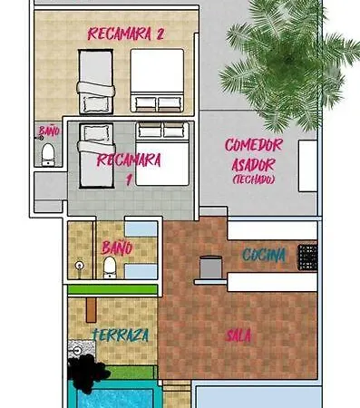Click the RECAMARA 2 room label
click(x=125, y=34)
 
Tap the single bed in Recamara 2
click(x=96, y=82)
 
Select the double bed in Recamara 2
click(x=157, y=81)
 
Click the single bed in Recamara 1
click(x=96, y=155)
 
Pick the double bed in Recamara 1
click(x=162, y=153)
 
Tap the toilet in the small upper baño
click(x=48, y=154)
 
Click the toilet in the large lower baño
click(x=110, y=267)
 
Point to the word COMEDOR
click(x=254, y=145)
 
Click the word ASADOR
click(x=253, y=165)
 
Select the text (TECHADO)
click(x=254, y=180)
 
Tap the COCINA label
click(x=264, y=256)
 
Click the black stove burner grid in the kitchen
click(x=307, y=257)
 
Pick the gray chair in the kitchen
click(x=210, y=267)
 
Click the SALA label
click(x=238, y=335)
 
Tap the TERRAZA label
click(x=121, y=335)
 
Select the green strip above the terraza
click(x=112, y=289)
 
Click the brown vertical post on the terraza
click(x=92, y=309)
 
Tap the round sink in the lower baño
click(x=80, y=266)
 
